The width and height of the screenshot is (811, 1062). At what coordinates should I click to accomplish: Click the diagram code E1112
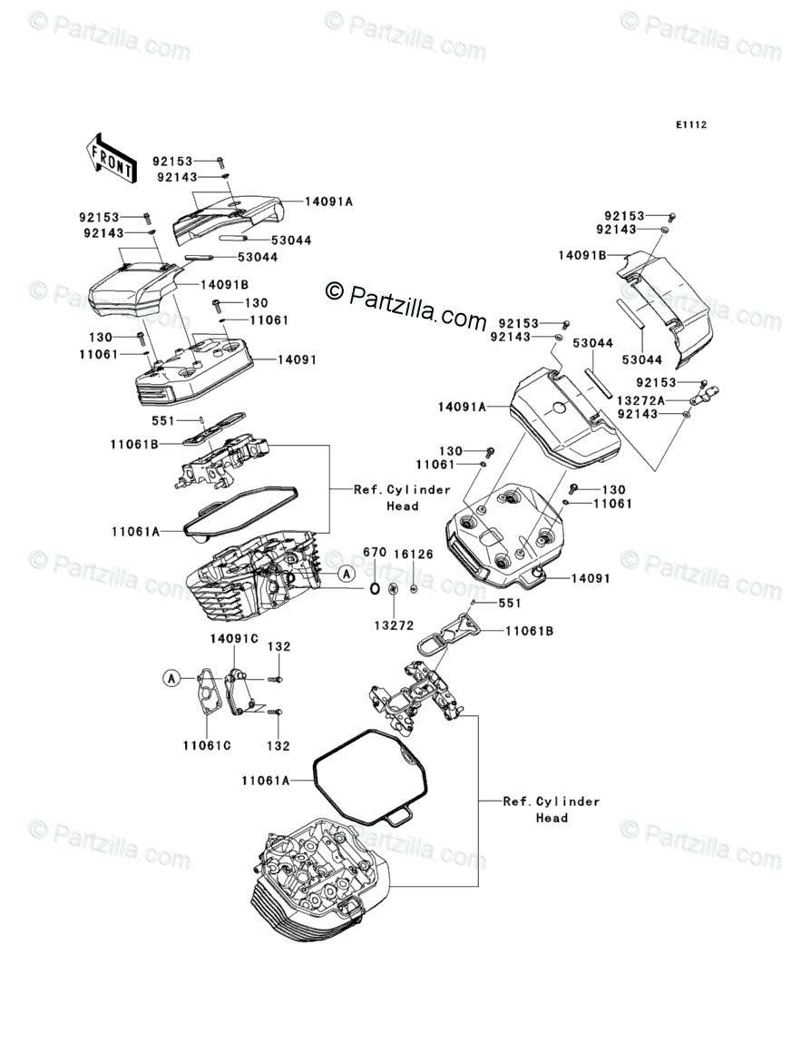tap(689, 125)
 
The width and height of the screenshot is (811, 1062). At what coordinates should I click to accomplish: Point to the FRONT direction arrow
tap(112, 155)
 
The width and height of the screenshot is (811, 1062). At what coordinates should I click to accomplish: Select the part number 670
tap(375, 552)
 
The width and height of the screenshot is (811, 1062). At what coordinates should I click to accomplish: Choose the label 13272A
tap(641, 399)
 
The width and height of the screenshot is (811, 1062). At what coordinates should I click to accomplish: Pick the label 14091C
tap(234, 638)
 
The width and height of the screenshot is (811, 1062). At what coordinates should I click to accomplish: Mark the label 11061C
tap(206, 745)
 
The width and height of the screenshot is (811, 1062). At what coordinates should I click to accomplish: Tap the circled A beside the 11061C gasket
tap(170, 677)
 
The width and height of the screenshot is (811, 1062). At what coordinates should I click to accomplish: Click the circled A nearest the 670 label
tap(345, 573)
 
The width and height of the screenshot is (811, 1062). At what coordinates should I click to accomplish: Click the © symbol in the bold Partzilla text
tap(335, 290)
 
